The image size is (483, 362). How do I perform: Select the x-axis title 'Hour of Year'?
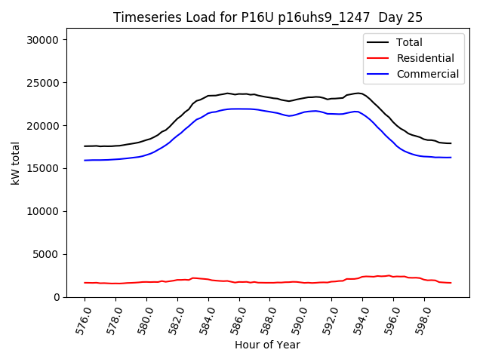267,345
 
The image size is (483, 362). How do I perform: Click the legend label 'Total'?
409,42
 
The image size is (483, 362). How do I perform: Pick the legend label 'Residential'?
425,58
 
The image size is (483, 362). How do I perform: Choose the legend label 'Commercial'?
427,74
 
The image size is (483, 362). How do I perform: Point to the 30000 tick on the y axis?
45,40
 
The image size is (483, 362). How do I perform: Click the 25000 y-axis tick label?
45,83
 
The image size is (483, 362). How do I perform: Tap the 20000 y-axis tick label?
45,126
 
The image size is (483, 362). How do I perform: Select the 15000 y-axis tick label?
45,169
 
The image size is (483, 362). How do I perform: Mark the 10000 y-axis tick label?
45,212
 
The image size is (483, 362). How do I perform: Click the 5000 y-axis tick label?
48,255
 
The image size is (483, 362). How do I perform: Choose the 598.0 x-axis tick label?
420,320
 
